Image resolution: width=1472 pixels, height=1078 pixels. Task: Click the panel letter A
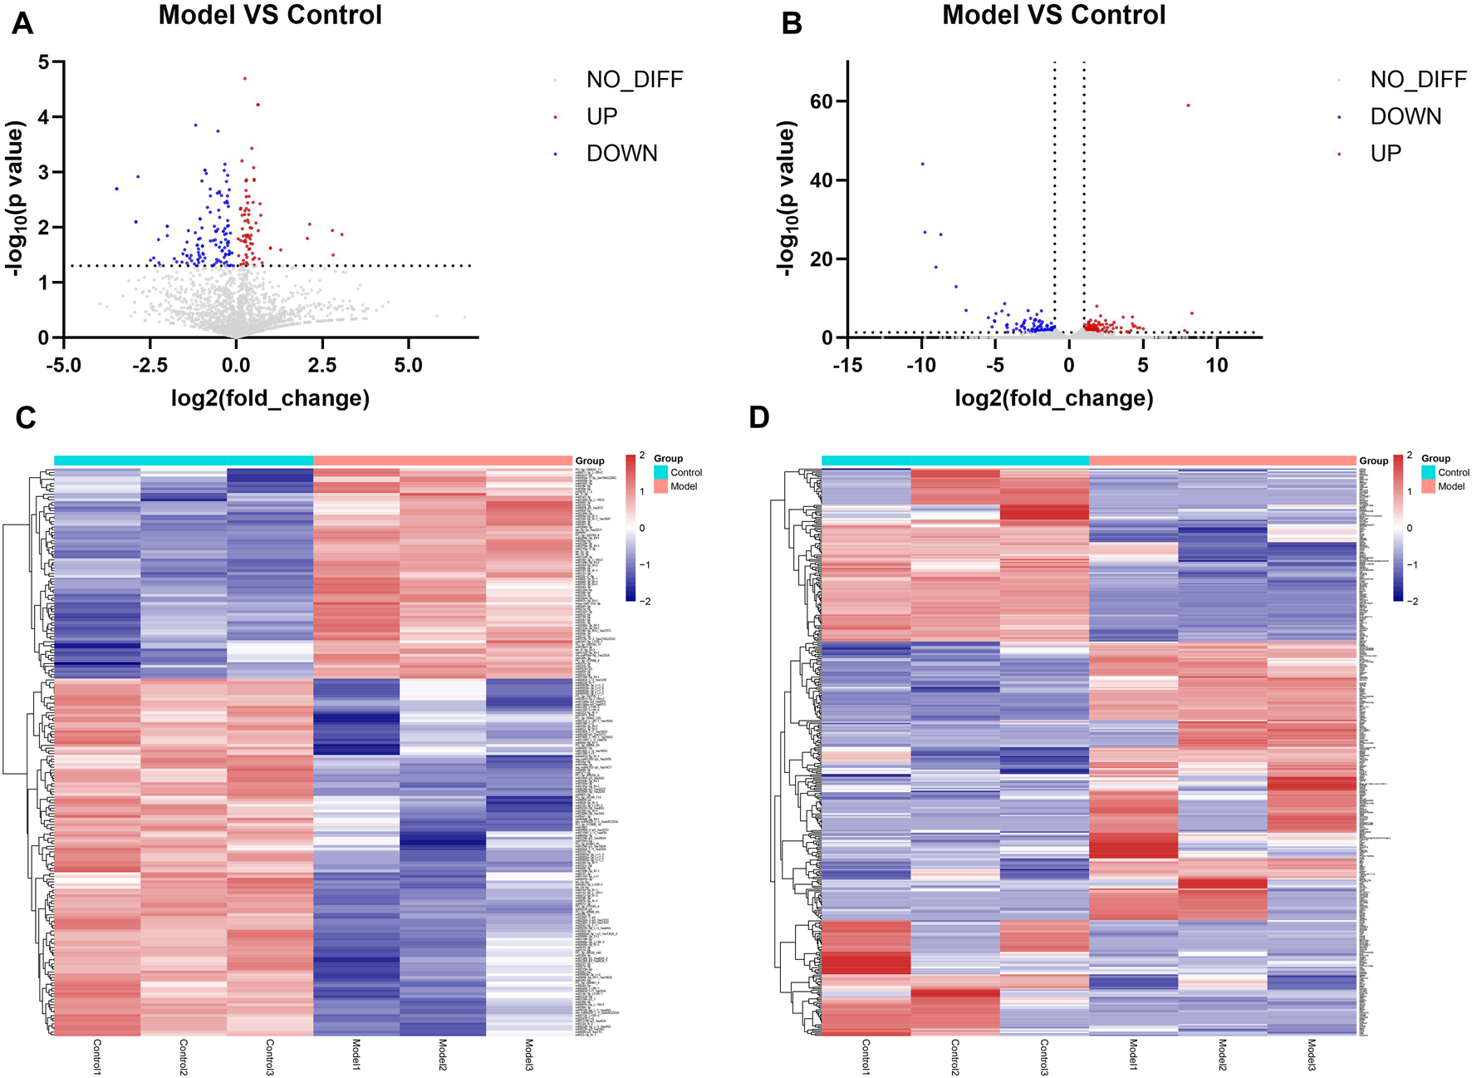point(22,23)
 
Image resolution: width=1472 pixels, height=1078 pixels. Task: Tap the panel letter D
point(758,416)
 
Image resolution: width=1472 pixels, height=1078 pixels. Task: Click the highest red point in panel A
point(244,78)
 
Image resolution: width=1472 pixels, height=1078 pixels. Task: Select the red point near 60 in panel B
point(1188,106)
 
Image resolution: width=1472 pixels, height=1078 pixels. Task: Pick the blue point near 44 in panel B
point(922,164)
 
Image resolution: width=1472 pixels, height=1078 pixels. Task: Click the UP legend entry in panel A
point(601,116)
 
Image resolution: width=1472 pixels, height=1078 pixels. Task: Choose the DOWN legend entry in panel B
point(1406,116)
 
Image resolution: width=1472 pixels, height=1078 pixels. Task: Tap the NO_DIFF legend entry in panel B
point(1418,80)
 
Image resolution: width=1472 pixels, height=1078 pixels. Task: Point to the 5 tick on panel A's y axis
point(44,62)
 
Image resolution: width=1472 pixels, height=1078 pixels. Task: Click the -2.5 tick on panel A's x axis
point(150,366)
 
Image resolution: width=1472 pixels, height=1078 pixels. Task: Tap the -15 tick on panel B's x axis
point(847,366)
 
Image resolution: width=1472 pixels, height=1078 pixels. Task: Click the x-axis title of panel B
point(1053,398)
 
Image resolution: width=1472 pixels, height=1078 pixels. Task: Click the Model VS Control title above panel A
point(270,15)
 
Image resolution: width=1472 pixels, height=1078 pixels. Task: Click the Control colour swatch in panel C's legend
point(660,472)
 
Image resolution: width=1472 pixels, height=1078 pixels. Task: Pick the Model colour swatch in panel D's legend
point(1428,486)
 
